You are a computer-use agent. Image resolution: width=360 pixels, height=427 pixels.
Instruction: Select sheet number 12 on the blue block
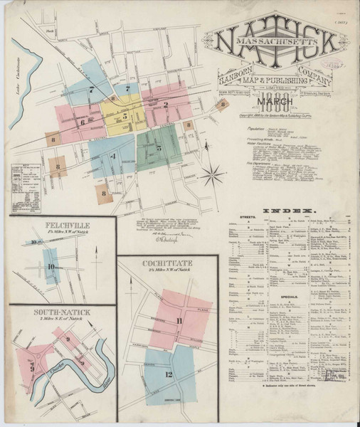[169, 374]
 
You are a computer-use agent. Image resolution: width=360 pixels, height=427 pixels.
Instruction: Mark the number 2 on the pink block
[165, 105]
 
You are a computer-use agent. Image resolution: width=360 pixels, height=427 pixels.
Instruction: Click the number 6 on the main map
[83, 122]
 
